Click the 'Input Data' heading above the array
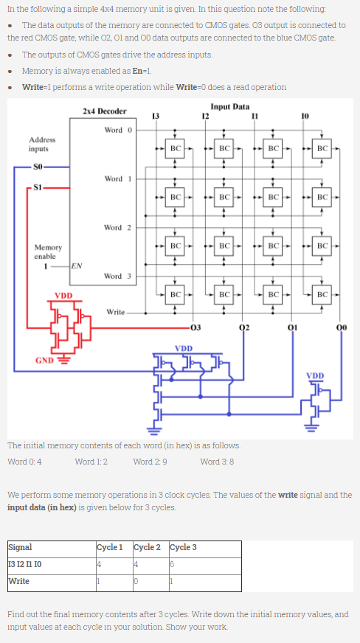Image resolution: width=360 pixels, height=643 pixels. coord(229,106)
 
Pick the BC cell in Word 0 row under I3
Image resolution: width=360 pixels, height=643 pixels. coord(174,148)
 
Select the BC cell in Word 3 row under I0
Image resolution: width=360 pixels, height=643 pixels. coord(322,294)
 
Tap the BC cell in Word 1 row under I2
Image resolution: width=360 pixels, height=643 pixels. coord(224,197)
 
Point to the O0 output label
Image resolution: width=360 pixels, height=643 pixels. coord(342,327)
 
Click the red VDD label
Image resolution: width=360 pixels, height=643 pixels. coord(63,296)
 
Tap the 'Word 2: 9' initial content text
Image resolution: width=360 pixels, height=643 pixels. coord(150,462)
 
